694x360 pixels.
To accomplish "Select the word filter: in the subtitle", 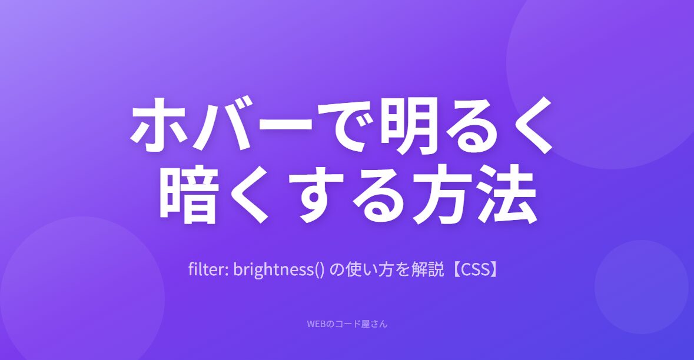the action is (x=208, y=269).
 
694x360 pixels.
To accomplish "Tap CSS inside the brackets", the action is (x=475, y=269).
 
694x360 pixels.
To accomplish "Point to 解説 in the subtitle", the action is (x=427, y=269).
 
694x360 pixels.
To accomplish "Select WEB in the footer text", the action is (x=317, y=324).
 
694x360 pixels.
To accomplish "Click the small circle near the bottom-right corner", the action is (x=642, y=287).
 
